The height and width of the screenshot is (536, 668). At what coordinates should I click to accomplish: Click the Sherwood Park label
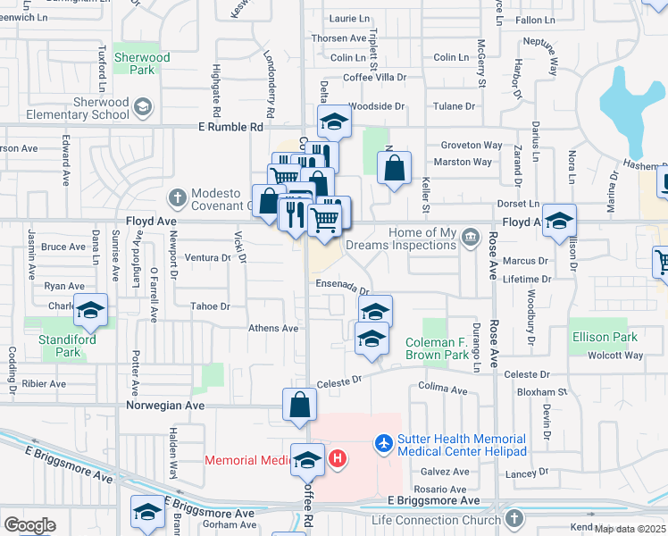click(x=142, y=63)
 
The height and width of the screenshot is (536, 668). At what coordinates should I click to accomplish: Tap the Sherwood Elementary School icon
click(x=141, y=109)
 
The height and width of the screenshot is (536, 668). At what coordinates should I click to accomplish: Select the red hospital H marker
click(x=337, y=459)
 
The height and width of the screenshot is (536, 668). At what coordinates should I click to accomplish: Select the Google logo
click(x=29, y=524)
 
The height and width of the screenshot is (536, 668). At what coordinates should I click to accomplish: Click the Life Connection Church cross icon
click(x=514, y=519)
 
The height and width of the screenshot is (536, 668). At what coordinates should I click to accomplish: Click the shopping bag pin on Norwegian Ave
click(x=300, y=404)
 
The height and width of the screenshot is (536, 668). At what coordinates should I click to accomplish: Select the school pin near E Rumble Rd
click(x=333, y=122)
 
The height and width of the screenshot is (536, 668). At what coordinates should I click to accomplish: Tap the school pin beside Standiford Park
click(x=90, y=310)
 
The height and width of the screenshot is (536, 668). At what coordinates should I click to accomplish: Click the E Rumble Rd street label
click(x=230, y=127)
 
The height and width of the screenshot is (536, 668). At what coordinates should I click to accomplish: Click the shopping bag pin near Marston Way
click(x=394, y=166)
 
